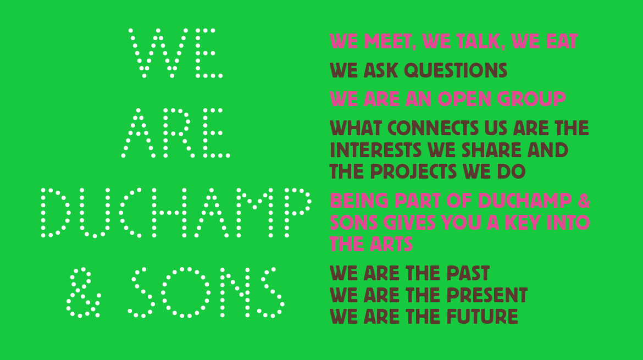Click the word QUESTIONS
(x=456, y=70)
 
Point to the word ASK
(x=380, y=70)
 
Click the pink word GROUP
(x=531, y=99)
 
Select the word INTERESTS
(x=375, y=150)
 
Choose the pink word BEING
(x=359, y=201)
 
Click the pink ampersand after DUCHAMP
(x=584, y=201)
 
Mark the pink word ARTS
(x=391, y=245)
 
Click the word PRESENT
(x=487, y=295)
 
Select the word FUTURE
(x=482, y=317)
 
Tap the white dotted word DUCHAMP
(x=176, y=213)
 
